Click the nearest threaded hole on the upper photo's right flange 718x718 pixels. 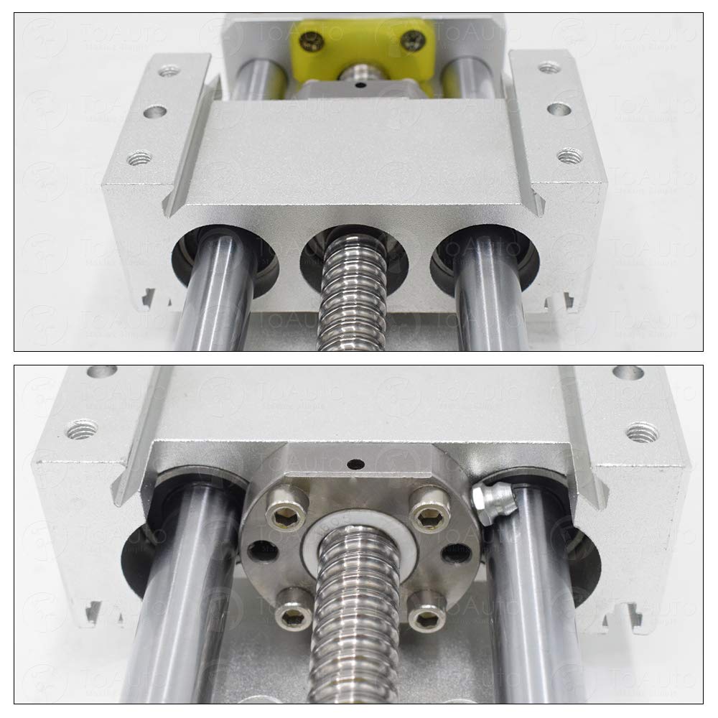[x=569, y=154]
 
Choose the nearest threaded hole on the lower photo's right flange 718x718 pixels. [x=642, y=432]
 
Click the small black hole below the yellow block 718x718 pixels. [x=361, y=84]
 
